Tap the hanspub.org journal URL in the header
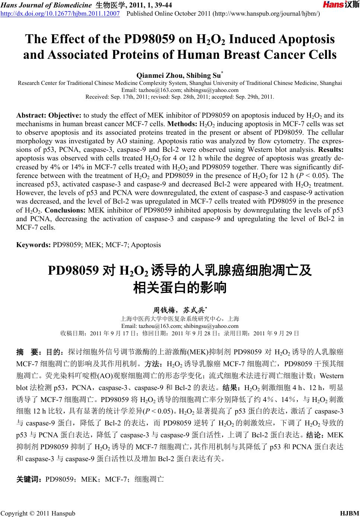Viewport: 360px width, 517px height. pyautogui.click(x=266, y=13)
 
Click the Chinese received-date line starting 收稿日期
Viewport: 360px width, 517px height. pyautogui.click(x=180, y=333)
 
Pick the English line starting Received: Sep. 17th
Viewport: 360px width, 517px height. pyautogui.click(x=180, y=97)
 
